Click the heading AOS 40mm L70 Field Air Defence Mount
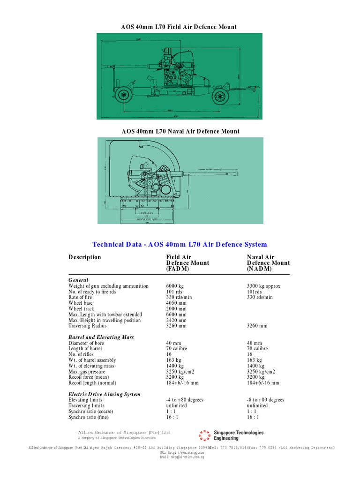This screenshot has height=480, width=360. coord(179,27)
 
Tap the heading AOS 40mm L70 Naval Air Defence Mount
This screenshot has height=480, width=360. coord(180,131)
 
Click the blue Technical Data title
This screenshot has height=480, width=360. coord(180,244)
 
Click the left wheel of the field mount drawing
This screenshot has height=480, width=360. coord(123,95)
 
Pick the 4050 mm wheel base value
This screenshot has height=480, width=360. coord(176,303)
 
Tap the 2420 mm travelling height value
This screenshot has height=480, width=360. coord(176,320)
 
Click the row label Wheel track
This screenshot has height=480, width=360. coord(81,309)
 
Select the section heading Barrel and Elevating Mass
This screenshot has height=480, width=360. coord(101,337)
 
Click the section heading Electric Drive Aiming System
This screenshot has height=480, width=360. coord(104,394)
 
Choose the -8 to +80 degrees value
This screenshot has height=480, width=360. coord(265,400)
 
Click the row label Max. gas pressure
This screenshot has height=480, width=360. coord(88,371)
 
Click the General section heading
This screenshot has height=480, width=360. coord(78,280)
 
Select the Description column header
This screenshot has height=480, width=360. coord(84,257)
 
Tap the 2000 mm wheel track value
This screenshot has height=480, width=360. coord(176,309)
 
